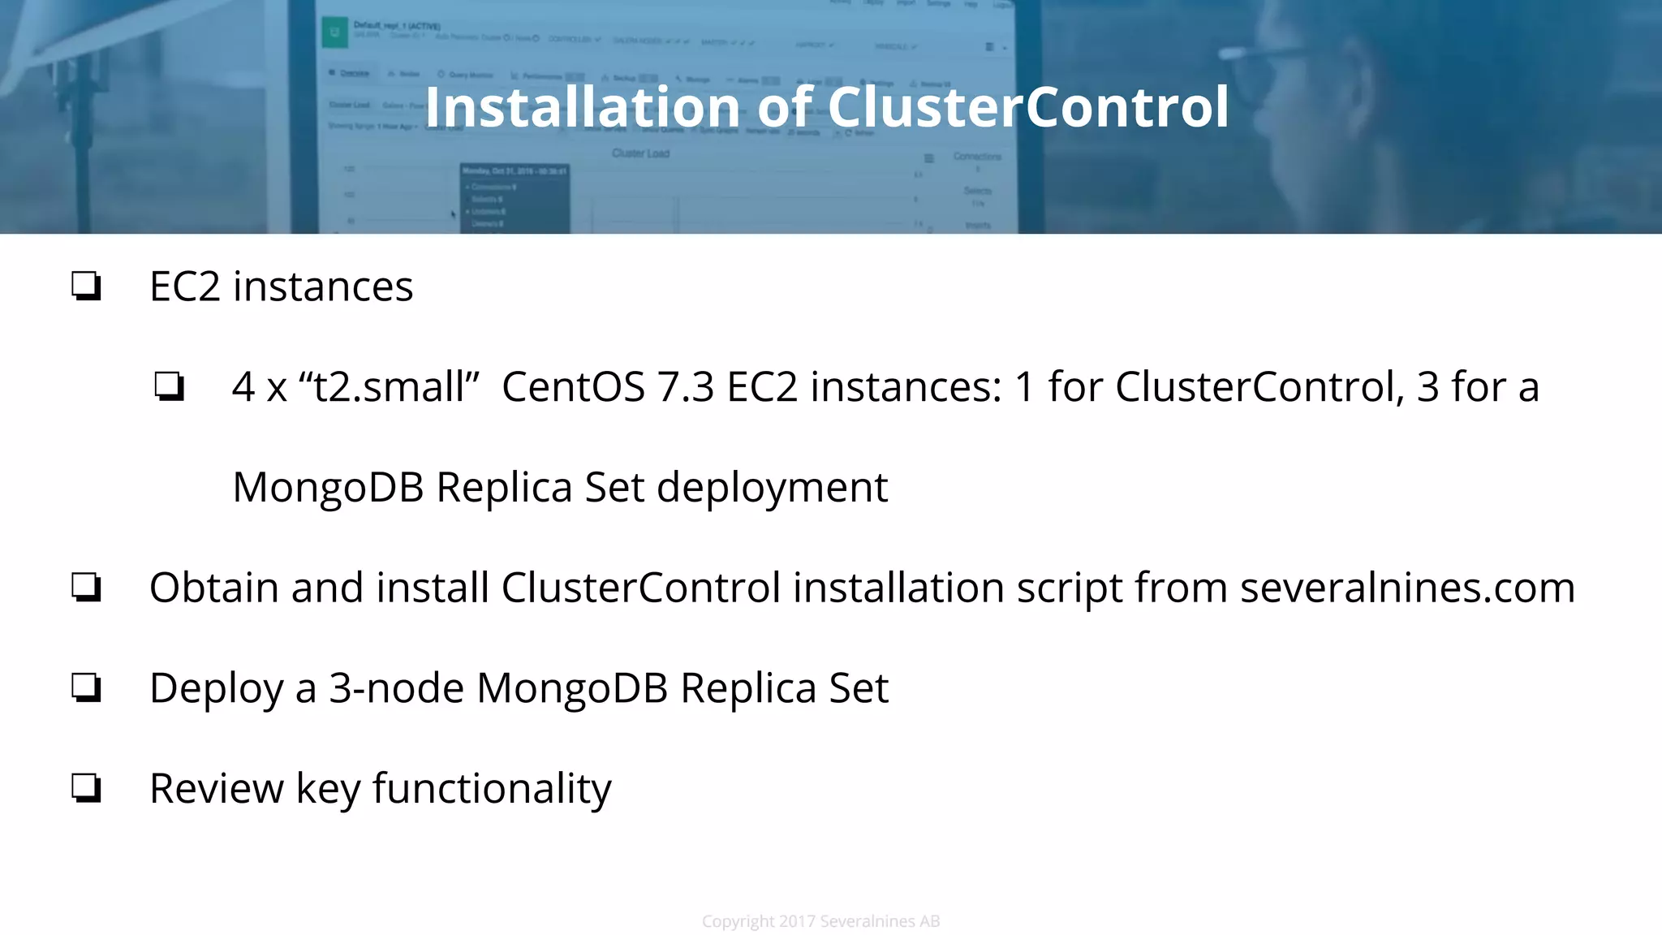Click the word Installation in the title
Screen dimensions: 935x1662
click(578, 107)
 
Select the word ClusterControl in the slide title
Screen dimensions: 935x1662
click(1027, 107)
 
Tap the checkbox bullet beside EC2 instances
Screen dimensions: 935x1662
click(86, 287)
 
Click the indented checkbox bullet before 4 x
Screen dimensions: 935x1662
click(169, 386)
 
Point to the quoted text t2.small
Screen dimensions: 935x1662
click(390, 386)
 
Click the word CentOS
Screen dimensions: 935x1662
click(573, 386)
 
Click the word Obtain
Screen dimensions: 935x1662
click(214, 588)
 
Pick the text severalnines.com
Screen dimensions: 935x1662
click(1407, 588)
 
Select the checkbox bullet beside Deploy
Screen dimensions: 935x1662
click(86, 688)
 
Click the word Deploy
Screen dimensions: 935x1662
click(216, 688)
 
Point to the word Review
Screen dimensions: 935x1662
click(217, 788)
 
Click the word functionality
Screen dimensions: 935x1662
click(492, 788)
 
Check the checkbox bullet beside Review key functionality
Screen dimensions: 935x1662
click(86, 788)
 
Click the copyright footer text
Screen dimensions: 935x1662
click(820, 921)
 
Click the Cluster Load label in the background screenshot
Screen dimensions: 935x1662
click(640, 153)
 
